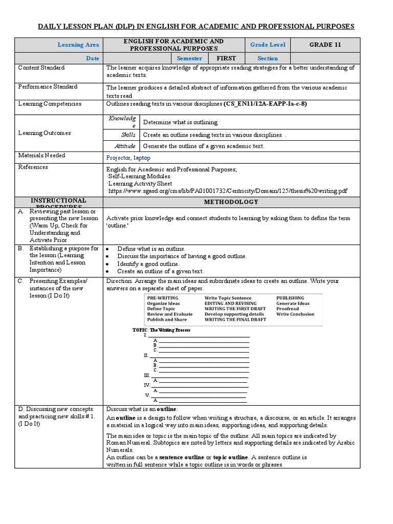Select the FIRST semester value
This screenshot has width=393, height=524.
click(x=226, y=58)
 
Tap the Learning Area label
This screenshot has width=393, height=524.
click(x=78, y=45)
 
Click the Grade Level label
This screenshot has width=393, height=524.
click(x=268, y=45)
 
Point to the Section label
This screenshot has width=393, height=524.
click(x=268, y=58)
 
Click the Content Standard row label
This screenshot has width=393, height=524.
click(x=41, y=68)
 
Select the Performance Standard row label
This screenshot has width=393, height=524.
click(x=48, y=87)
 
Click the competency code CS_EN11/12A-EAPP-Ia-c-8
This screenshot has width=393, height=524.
click(x=265, y=104)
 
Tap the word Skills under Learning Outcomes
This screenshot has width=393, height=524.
click(x=128, y=135)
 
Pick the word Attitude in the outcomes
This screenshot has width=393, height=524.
click(x=125, y=146)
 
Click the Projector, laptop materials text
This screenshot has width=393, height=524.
click(x=128, y=158)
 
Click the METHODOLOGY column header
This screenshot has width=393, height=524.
click(x=231, y=202)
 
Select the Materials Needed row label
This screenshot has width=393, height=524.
click(x=42, y=155)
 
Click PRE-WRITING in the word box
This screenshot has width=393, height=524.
click(x=163, y=298)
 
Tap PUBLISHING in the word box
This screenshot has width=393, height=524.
click(x=290, y=298)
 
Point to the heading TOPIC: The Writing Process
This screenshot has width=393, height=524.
click(x=162, y=330)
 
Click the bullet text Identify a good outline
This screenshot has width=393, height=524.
click(x=148, y=264)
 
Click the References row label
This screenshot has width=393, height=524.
click(x=33, y=167)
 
